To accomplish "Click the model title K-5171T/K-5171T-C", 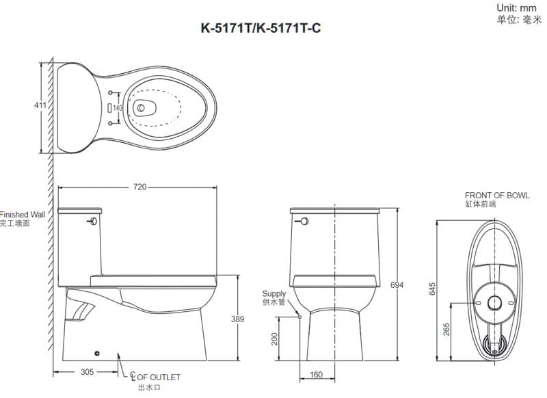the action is (261, 28).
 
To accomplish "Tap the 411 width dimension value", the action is (40, 105).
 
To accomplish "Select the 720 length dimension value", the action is (139, 187).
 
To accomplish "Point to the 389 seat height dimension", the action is (237, 319).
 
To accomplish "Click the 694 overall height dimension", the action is (397, 285).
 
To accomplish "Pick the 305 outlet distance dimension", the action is (87, 372).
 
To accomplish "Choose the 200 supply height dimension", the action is (275, 339).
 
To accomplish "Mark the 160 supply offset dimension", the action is (316, 375).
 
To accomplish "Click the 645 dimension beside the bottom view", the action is (432, 289).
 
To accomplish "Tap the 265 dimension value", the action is (446, 330).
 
